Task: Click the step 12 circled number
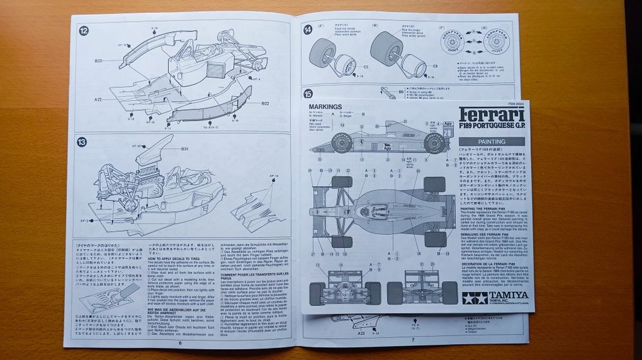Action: [x=83, y=29]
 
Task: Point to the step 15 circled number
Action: [x=309, y=93]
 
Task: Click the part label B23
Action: [x=99, y=61]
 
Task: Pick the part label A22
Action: [x=98, y=99]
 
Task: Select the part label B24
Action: [x=184, y=149]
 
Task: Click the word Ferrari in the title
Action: [x=491, y=116]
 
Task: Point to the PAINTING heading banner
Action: [x=491, y=141]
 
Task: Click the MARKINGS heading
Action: [x=325, y=107]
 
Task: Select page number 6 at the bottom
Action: [x=180, y=343]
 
